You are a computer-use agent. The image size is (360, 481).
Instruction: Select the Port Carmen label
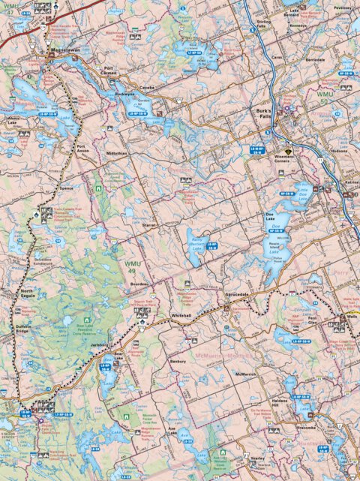pos(112,73)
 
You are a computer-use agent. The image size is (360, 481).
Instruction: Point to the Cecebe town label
pos(146,87)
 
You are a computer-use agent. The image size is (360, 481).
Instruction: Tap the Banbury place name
pos(178,361)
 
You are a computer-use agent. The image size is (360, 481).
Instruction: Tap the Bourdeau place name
pos(140,284)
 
